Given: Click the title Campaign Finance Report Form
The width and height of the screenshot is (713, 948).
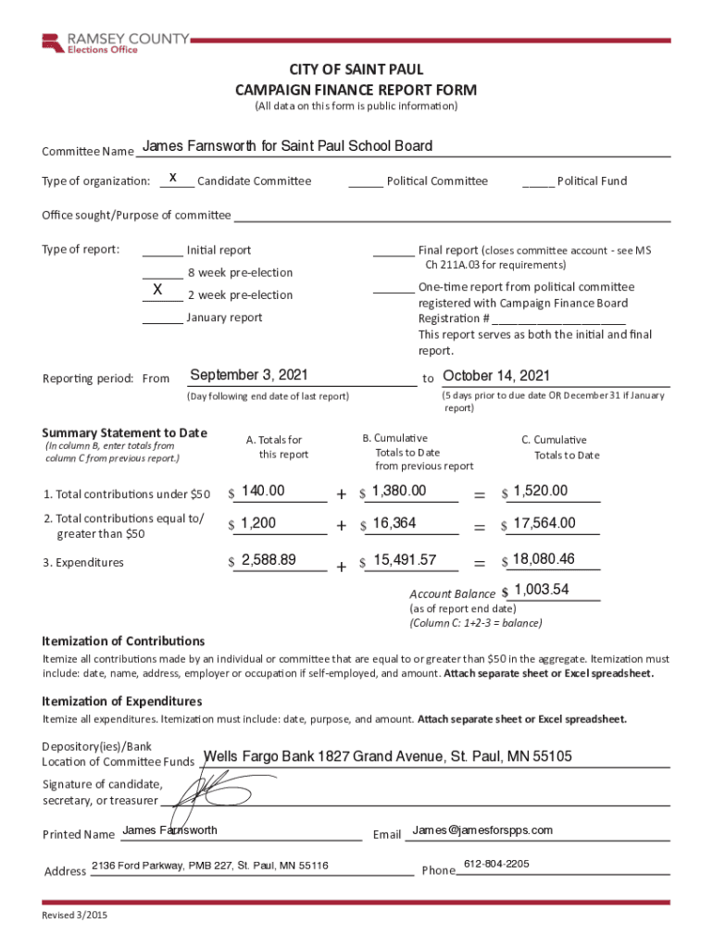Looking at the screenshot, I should point(356,90).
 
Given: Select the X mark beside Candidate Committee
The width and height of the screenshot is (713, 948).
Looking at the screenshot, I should point(173,177).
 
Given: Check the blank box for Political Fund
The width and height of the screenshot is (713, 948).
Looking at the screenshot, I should point(538,181).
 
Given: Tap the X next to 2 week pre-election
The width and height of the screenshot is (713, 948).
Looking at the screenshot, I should point(157,291).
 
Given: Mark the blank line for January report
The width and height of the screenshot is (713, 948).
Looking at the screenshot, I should point(162,318).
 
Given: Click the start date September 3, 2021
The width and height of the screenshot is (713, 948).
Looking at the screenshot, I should point(248,375).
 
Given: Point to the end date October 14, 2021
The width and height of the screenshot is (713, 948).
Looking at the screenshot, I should point(496,375).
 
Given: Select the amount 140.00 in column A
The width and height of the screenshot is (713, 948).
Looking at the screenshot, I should point(263,491).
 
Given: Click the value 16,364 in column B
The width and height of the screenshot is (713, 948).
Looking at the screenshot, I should point(394,523).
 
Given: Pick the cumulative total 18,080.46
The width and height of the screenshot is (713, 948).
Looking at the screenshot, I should point(544,558).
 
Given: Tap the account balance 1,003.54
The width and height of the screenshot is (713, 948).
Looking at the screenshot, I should point(542,590).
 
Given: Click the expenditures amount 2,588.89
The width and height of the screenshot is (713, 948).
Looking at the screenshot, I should point(269,559).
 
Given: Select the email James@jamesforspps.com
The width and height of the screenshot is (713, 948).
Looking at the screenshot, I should point(482,829).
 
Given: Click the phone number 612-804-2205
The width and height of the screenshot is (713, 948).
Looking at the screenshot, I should point(496,864).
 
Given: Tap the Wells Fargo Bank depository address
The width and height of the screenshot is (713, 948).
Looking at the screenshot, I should point(387,756).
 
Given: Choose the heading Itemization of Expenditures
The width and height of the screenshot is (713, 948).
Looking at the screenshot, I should point(122,701).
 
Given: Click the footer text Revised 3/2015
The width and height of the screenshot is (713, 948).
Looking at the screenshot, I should point(74,916).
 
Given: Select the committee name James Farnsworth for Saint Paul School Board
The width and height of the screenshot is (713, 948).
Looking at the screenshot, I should point(287,146).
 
